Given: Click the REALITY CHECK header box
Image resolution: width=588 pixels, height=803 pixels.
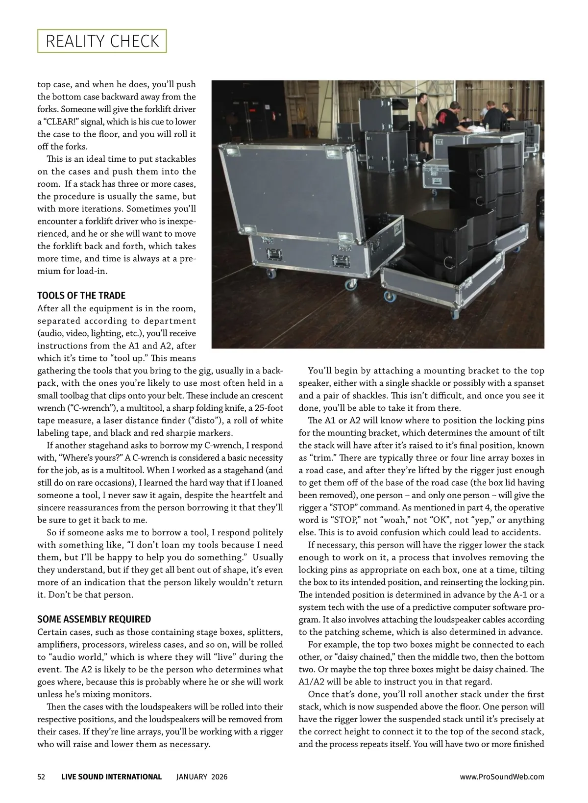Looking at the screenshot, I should pyautogui.click(x=102, y=41).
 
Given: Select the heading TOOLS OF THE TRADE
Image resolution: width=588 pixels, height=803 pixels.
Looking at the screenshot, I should pyautogui.click(x=81, y=296).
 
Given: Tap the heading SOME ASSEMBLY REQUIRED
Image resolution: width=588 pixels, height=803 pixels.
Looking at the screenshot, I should pyautogui.click(x=94, y=619).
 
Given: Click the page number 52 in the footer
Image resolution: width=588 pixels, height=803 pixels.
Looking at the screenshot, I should pyautogui.click(x=42, y=777).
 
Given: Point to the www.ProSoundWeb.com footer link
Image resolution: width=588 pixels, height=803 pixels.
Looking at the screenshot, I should pyautogui.click(x=502, y=777).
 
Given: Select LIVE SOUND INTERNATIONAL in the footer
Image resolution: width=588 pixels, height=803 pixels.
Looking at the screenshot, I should pyautogui.click(x=111, y=777).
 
